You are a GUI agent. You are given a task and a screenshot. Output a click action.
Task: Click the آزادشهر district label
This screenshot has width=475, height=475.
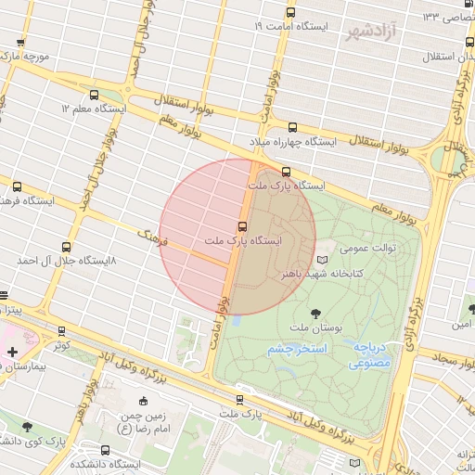point(371,32)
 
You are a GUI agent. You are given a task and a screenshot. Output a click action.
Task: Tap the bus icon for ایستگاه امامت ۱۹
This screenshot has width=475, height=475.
point(290,13)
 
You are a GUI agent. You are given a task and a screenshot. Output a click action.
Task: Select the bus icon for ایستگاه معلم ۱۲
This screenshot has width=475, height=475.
point(94,95)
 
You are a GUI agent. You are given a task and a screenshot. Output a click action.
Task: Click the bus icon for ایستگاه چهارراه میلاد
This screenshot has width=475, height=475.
point(294,127)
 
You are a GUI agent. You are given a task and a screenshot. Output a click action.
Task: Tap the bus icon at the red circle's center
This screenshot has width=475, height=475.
point(243,225)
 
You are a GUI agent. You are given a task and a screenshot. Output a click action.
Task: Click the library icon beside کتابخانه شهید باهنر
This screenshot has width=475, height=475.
point(322,261)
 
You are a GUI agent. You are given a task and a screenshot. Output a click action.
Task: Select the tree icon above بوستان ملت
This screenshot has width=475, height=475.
point(317,313)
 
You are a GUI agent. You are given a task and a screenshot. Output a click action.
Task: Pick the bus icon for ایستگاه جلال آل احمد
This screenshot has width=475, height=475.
point(66,247)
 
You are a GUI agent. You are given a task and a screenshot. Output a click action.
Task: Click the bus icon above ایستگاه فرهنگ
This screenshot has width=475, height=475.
point(16,186)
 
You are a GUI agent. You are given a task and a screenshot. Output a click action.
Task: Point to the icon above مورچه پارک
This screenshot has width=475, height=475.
point(21,42)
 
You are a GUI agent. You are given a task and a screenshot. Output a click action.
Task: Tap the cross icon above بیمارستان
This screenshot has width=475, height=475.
point(12,352)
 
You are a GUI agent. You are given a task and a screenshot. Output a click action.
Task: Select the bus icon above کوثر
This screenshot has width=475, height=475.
point(61,331)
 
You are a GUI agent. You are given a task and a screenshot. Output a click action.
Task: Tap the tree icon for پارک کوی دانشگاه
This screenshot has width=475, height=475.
point(26,427)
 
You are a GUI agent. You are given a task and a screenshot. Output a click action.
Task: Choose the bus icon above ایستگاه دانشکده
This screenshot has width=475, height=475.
point(104,450)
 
